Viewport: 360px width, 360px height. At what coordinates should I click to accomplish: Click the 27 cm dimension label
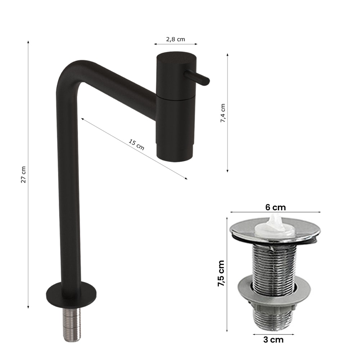pos(23,175)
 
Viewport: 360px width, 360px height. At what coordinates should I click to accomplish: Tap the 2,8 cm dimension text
pos(175,39)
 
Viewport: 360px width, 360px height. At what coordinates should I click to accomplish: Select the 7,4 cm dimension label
pos(223,113)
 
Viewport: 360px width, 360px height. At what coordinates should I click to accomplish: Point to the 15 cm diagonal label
pos(136,145)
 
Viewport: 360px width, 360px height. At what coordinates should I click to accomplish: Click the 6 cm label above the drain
pos(275,207)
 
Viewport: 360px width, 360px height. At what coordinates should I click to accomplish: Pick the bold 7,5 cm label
pos(221,273)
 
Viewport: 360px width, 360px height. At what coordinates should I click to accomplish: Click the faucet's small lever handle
pos(197,78)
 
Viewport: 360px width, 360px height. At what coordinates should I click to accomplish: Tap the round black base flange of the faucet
pos(71,295)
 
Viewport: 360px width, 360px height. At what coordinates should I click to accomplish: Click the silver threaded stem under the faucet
pos(72,324)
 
